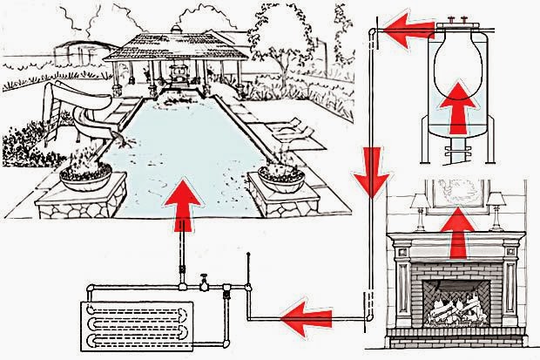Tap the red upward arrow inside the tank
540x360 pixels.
460,109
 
